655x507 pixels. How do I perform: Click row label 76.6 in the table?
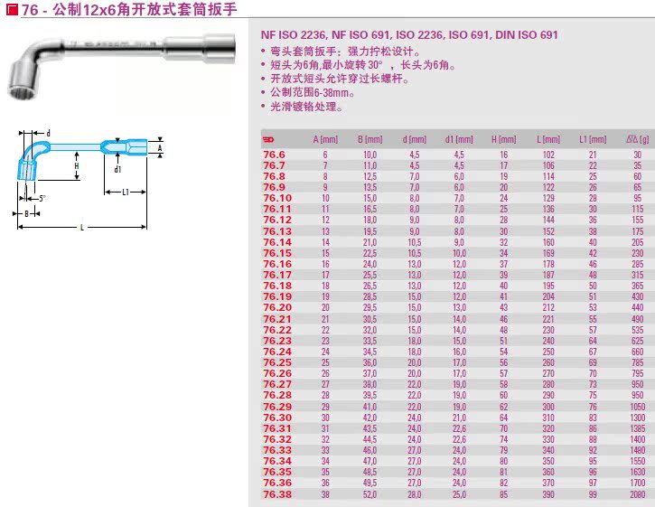273,155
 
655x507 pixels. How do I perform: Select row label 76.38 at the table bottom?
277,495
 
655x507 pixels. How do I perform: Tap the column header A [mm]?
324,140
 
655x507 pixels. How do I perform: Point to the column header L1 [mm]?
593,140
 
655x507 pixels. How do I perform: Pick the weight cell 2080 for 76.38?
637,495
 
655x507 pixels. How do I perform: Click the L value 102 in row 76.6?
548,155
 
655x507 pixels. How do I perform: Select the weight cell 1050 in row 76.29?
637,407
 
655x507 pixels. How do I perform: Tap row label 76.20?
277,307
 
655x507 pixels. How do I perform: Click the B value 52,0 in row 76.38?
370,495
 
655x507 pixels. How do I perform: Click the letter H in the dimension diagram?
77,166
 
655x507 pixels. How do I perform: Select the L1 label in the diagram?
125,192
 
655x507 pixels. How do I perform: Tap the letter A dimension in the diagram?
159,146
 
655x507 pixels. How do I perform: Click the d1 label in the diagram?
117,168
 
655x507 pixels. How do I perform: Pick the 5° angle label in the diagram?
42,198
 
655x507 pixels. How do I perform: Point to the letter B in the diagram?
26,214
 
